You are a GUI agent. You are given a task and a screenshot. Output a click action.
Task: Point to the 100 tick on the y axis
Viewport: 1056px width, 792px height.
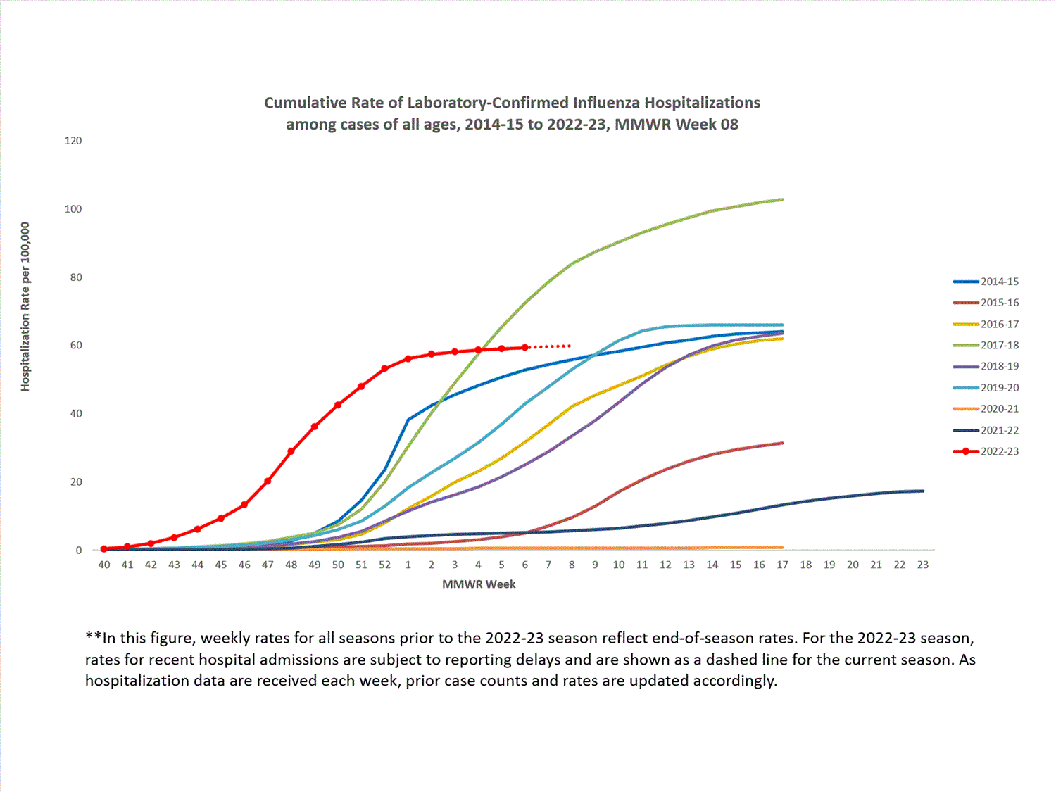coord(73,209)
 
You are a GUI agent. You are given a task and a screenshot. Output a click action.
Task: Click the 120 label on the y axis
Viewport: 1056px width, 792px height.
coord(73,141)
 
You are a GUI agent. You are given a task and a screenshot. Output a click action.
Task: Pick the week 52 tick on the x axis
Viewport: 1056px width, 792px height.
coord(384,565)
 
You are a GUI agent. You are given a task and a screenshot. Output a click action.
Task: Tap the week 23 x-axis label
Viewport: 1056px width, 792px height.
coord(923,565)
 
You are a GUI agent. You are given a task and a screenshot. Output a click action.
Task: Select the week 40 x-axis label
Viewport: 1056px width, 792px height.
coord(104,565)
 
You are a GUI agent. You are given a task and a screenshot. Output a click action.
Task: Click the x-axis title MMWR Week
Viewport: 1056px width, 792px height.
coord(479,584)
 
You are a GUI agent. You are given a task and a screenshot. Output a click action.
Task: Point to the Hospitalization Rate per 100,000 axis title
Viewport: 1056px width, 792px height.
coord(25,307)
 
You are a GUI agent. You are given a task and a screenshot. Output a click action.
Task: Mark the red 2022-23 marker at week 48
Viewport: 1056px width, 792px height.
coord(291,451)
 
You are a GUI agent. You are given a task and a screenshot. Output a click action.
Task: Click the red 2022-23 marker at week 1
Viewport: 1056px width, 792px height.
coord(408,359)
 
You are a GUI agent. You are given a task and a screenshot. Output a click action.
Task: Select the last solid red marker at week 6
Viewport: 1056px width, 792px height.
coord(525,348)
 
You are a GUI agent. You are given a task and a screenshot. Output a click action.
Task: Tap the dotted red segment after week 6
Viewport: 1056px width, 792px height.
coord(551,346)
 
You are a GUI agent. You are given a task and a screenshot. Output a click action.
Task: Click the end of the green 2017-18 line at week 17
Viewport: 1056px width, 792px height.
coord(782,200)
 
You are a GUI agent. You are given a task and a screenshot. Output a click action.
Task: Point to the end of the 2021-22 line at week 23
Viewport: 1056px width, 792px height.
coord(922,491)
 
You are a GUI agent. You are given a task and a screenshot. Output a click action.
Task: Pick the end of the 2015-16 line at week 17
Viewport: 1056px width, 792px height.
coord(782,444)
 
